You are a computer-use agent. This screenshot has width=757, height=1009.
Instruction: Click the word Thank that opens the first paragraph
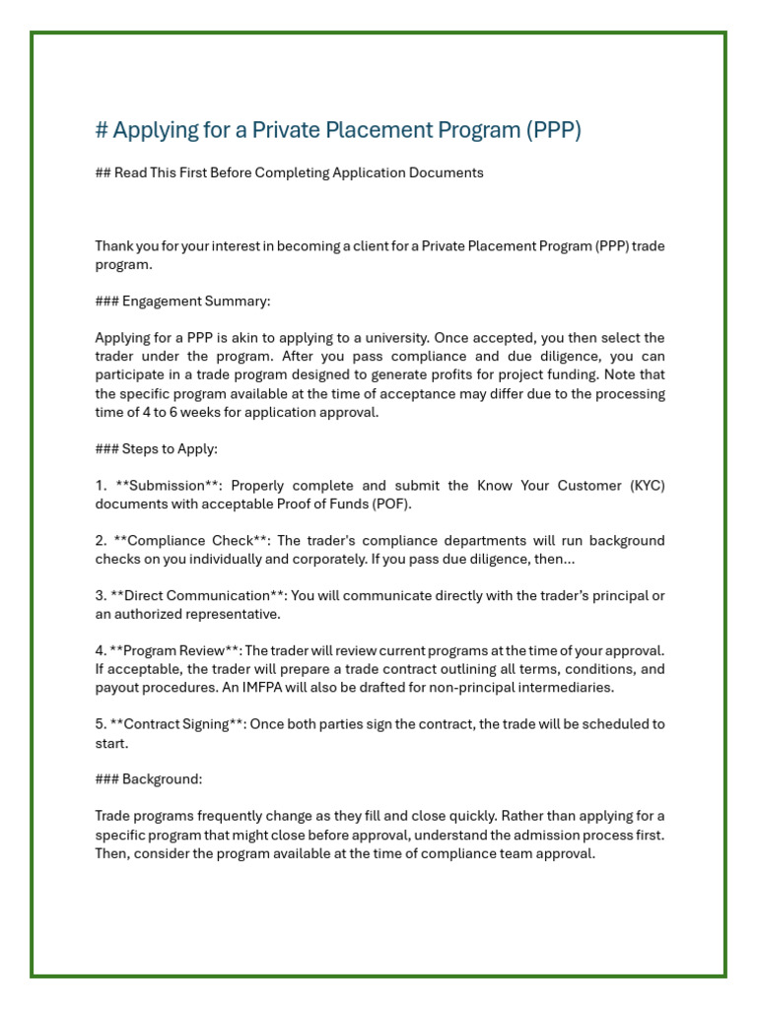click(x=115, y=245)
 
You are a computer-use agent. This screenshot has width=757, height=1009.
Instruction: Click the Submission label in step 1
click(x=167, y=486)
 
